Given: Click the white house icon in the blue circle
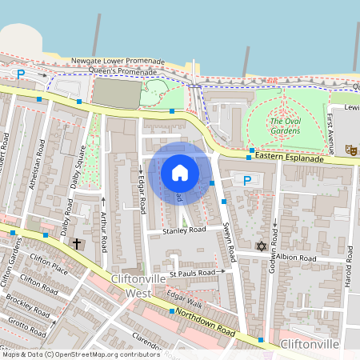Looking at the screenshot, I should (180, 172).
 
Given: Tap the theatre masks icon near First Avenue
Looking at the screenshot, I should (350, 149).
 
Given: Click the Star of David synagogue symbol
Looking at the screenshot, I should (260, 246).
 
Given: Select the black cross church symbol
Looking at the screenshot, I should (77, 243).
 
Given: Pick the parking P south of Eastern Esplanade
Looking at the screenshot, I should (247, 181).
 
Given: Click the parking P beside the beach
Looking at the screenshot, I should (21, 74).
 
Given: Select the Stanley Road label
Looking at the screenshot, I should (185, 230).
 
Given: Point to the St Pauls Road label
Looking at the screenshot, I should (193, 274).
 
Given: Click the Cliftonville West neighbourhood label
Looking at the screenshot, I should (127, 286).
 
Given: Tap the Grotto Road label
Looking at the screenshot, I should (26, 327).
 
